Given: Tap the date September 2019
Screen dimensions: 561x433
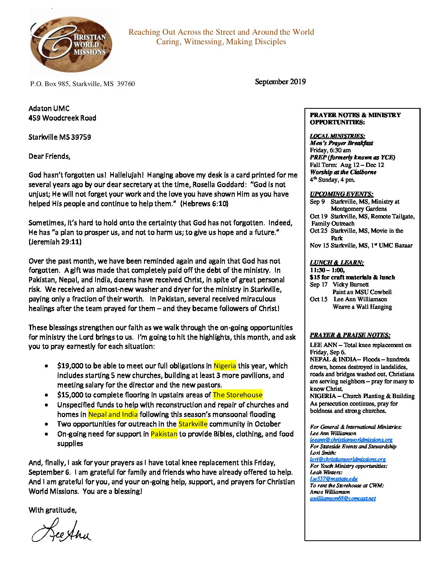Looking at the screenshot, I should point(280,82).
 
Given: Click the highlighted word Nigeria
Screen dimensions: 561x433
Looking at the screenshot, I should point(225,366).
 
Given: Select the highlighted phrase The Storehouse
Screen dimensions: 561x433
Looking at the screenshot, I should point(238,395).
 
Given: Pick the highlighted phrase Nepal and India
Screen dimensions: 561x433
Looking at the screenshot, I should point(113,414).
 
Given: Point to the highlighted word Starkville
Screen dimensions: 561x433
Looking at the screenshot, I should point(193,424).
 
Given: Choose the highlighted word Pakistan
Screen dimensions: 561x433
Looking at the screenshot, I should point(164,434).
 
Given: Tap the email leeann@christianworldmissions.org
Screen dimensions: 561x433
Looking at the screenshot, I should point(351,440).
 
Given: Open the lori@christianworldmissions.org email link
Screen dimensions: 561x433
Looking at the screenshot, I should point(347,459).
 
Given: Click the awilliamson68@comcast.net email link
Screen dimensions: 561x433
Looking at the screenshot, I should point(343,498).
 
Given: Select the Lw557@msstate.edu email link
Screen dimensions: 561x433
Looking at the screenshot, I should point(334,479).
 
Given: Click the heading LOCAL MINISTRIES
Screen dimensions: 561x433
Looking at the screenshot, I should point(337,136).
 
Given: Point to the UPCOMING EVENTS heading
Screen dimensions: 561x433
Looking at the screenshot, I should point(341,194).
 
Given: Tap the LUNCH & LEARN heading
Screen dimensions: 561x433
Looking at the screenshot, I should point(337,263).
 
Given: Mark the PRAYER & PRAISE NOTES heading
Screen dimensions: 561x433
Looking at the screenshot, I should point(350,335).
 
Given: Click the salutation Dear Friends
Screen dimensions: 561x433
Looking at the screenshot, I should point(49,156).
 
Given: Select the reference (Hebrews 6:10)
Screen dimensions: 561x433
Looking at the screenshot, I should point(204,204).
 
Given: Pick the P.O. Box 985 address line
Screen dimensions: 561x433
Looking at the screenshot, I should point(82,84).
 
